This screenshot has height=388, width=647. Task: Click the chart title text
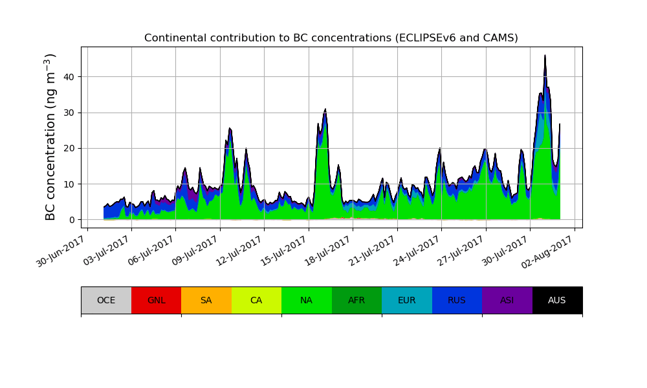[331, 38]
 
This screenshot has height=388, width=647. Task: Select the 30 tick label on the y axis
[69, 113]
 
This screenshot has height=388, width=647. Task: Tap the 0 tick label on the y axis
[71, 220]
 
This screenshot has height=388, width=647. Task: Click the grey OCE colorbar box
[106, 300]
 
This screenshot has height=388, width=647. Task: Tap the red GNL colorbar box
[156, 300]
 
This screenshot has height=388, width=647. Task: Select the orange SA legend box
[206, 300]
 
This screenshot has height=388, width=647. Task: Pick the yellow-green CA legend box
[256, 300]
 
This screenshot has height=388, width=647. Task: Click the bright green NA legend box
[307, 300]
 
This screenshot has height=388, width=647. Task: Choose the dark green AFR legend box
[356, 300]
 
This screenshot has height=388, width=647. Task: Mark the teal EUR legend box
[407, 300]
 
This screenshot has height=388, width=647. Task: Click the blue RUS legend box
[457, 300]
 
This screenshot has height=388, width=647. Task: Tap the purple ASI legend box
[507, 300]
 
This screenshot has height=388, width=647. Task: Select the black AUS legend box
[557, 300]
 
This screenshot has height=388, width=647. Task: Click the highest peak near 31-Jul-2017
[545, 56]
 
